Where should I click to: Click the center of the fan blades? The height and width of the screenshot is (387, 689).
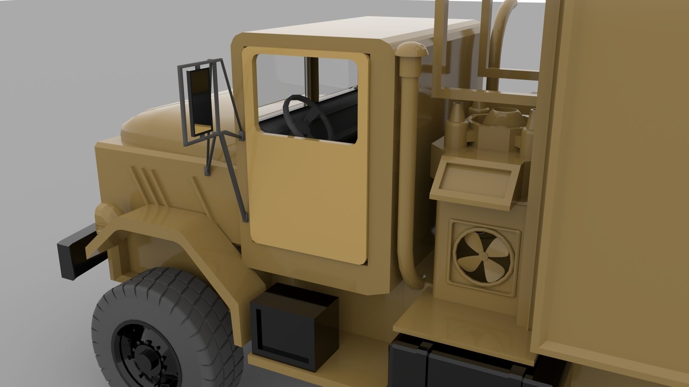click(483, 256)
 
